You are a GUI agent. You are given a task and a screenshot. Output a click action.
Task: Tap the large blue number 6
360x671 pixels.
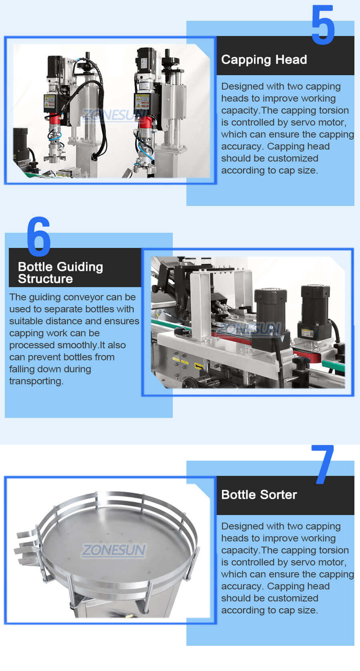(x=39, y=236)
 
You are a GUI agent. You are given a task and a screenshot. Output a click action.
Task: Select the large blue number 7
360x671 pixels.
(x=324, y=464)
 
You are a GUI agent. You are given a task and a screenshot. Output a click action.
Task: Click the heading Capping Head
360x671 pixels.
(x=264, y=60)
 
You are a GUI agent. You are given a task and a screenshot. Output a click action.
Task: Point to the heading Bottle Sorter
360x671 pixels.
(x=259, y=495)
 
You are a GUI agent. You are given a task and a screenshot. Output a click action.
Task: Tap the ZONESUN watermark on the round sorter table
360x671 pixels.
(x=114, y=550)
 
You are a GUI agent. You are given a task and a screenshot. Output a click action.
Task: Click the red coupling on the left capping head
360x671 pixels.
(x=55, y=119)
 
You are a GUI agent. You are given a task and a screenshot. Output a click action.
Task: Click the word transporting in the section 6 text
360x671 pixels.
(x=36, y=381)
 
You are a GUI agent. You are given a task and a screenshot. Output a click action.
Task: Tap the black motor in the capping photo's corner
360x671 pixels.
(x=21, y=144)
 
